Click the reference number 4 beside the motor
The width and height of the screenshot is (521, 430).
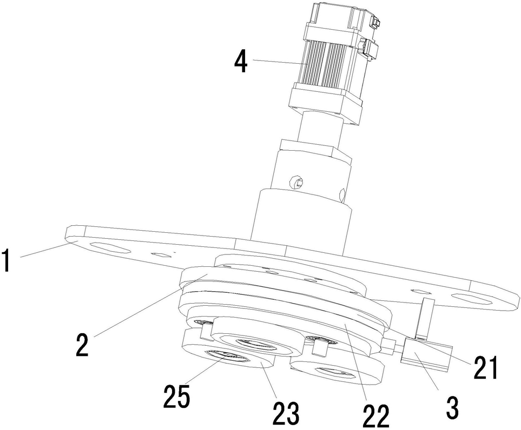point(241,61)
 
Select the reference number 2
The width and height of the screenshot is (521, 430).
point(82,345)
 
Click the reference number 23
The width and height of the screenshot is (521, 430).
point(286,412)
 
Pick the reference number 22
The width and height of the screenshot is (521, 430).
point(375,414)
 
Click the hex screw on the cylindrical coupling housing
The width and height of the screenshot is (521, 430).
point(296,182)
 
